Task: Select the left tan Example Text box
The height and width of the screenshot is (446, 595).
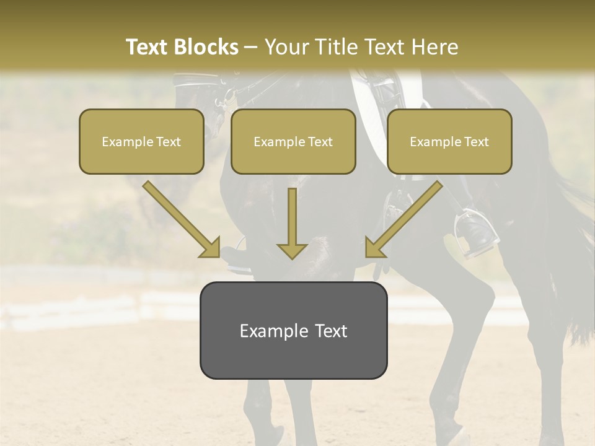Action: tap(141, 141)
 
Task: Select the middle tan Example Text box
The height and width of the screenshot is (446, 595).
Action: tap(293, 141)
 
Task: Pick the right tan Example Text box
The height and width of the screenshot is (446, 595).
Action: tap(449, 141)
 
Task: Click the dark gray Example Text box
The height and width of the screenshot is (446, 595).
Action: tap(293, 330)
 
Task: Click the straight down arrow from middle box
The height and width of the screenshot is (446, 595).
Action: tap(292, 223)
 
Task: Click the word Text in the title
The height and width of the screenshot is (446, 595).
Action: tap(149, 47)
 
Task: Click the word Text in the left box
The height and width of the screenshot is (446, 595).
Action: tap(168, 142)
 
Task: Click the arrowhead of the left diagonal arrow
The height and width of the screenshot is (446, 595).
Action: tap(211, 248)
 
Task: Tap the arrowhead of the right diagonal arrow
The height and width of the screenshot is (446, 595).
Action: tap(374, 248)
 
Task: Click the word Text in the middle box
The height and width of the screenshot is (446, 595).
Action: tap(320, 142)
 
